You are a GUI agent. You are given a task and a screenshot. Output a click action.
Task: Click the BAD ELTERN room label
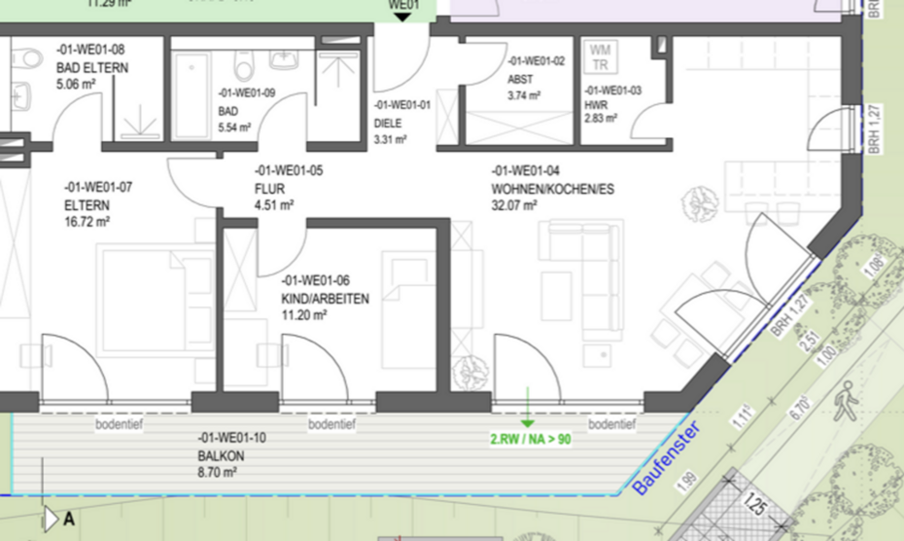click(89, 66)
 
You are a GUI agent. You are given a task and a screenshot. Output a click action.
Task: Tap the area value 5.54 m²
click(235, 126)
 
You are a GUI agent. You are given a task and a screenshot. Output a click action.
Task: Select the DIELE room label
click(388, 124)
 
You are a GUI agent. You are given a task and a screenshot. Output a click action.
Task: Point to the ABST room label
click(519, 79)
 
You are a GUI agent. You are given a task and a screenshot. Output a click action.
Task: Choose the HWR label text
click(595, 105)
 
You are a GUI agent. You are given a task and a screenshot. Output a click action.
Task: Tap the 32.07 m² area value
click(515, 205)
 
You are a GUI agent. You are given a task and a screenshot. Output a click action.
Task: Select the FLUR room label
click(268, 188)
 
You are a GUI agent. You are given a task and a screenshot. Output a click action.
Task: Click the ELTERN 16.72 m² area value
click(87, 222)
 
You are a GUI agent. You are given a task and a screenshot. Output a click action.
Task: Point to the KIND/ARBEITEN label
click(325, 299)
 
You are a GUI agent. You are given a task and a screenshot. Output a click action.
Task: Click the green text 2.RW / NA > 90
click(530, 439)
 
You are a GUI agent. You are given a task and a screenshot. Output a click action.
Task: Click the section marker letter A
click(69, 520)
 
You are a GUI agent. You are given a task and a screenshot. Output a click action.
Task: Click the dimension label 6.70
click(798, 406)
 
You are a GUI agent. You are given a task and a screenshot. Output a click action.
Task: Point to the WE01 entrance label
click(402, 6)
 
